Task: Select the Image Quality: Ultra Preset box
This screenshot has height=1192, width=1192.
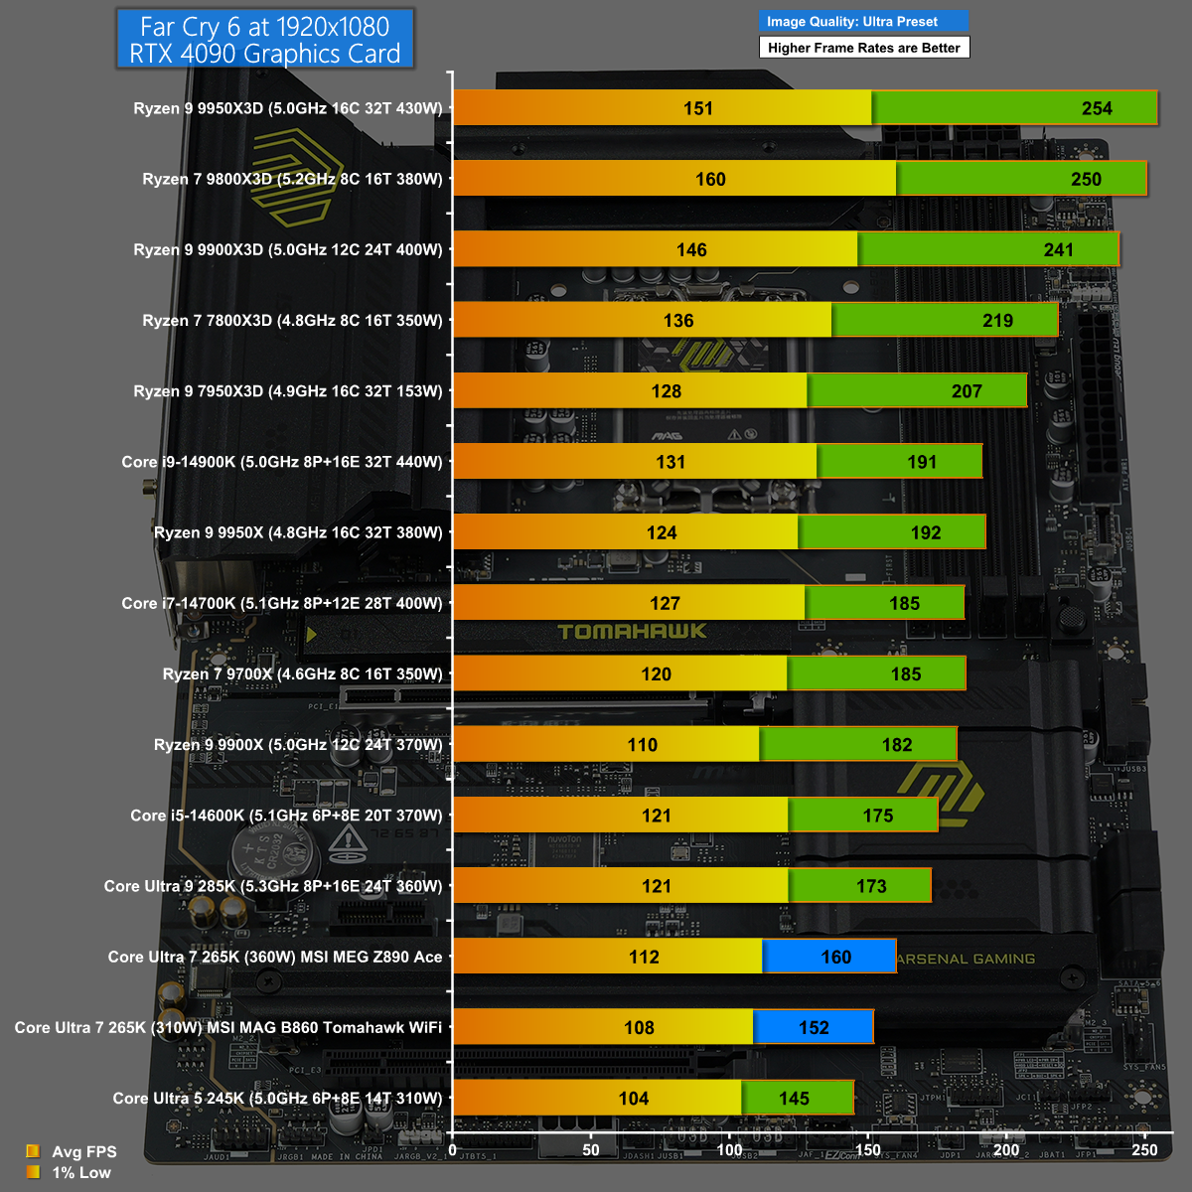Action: (862, 21)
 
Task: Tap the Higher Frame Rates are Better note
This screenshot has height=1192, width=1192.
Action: (863, 48)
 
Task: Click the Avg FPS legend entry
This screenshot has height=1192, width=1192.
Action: (83, 1151)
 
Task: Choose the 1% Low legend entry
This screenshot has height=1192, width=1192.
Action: (80, 1172)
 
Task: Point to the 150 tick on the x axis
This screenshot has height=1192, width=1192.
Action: (867, 1149)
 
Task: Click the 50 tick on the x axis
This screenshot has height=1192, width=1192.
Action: (591, 1149)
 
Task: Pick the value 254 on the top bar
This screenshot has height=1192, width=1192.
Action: (1097, 108)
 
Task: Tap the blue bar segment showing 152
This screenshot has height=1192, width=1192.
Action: (814, 1027)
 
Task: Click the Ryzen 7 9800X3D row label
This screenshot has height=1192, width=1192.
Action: (292, 179)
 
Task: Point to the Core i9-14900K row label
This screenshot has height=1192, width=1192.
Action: (282, 462)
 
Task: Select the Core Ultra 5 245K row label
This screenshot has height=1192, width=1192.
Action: (277, 1098)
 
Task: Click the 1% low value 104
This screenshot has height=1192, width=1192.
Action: (634, 1099)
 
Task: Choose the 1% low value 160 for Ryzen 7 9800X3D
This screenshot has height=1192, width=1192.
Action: (710, 179)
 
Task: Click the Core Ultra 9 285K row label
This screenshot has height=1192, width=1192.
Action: (273, 886)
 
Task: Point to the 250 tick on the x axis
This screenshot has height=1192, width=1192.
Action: (1144, 1149)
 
